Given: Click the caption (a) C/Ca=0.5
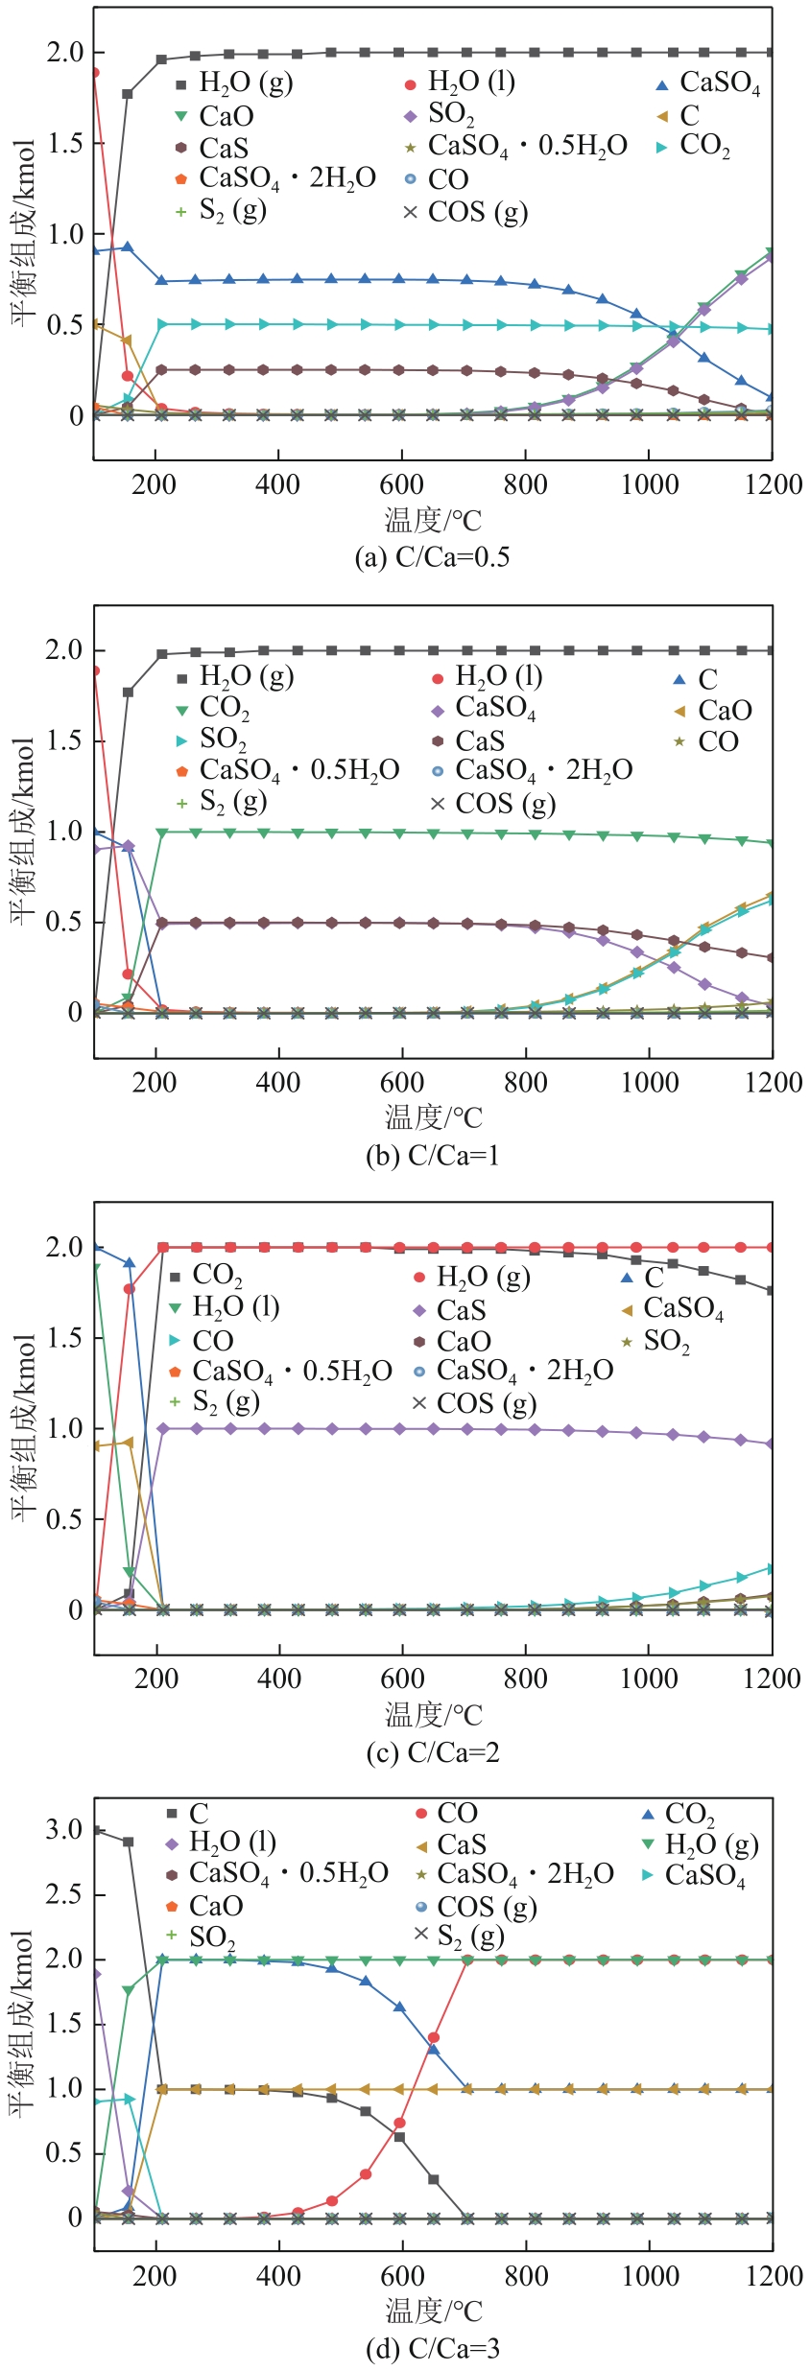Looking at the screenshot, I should pyautogui.click(x=432, y=557).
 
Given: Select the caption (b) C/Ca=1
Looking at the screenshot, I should pyautogui.click(x=432, y=1155).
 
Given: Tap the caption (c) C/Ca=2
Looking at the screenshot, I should pyautogui.click(x=432, y=1752).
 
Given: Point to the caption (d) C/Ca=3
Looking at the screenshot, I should pyautogui.click(x=432, y=2348).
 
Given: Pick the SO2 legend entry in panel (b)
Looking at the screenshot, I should pyautogui.click(x=223, y=739).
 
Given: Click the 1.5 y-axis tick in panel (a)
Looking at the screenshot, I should pyautogui.click(x=64, y=143).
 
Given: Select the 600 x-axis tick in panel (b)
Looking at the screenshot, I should pyautogui.click(x=401, y=1082).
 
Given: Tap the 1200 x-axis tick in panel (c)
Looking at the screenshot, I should pyautogui.click(x=772, y=1678).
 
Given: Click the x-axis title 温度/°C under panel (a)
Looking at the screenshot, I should pyautogui.click(x=433, y=521).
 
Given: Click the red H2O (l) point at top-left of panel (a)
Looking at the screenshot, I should pyautogui.click(x=94, y=72).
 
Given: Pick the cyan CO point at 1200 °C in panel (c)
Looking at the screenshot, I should pyautogui.click(x=772, y=1568).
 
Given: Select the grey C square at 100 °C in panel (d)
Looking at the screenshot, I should pyautogui.click(x=95, y=1830).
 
